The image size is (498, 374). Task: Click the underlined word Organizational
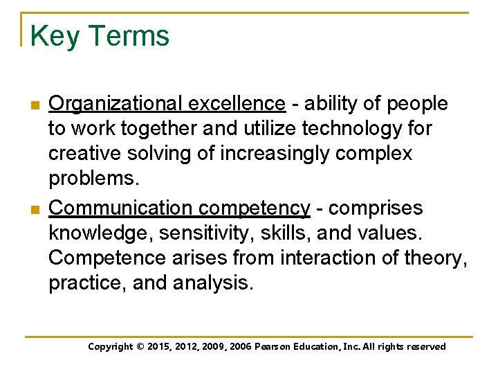[116, 104]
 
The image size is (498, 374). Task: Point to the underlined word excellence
[236, 104]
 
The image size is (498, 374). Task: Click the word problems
[94, 179]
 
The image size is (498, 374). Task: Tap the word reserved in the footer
[424, 347]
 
